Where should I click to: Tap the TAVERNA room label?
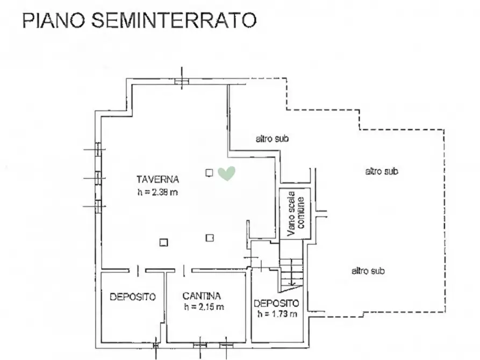157,179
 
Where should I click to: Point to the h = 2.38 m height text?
157,193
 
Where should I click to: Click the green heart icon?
226,173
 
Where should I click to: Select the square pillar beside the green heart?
209,172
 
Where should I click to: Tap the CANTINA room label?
202,296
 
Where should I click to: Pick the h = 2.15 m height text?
204,307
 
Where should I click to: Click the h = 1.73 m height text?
277,314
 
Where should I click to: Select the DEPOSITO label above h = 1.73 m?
276,303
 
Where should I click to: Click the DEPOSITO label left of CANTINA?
133,296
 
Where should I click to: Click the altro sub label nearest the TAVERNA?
273,139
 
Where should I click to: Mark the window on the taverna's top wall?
182,81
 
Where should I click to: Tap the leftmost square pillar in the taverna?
164,242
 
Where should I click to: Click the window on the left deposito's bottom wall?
156,342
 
